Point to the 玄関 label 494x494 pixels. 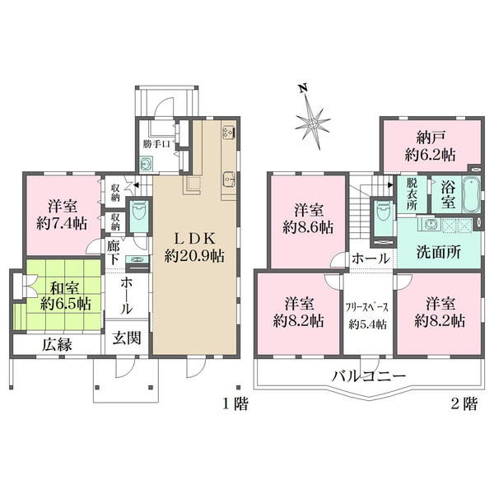[128, 339]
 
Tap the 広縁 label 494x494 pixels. [58, 345]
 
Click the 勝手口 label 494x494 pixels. [155, 145]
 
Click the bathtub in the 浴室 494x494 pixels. [472, 198]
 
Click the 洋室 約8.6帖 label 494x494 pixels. [310, 217]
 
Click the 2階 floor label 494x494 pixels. [464, 404]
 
